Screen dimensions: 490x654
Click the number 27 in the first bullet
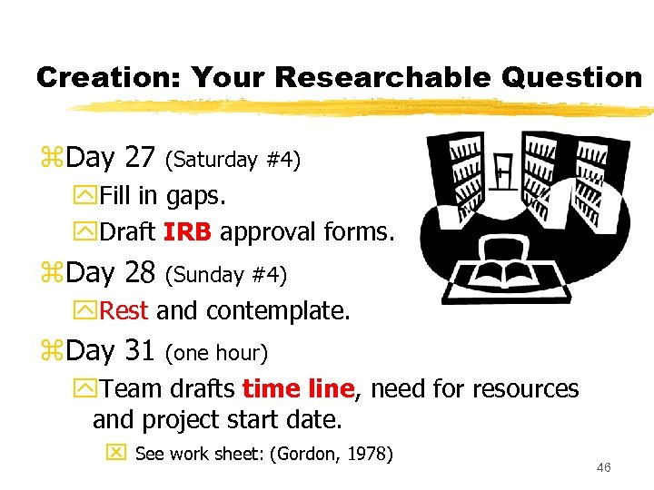pos(140,158)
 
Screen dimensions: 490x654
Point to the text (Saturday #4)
pos(233,161)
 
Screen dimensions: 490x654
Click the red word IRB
pos(188,232)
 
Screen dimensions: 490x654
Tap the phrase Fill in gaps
pos(163,195)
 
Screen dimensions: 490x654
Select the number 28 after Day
pos(140,272)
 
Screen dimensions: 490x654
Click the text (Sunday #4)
pos(228,275)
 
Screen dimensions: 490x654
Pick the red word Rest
pos(124,311)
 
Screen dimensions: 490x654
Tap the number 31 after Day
pos(140,349)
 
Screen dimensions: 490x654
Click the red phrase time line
pos(298,389)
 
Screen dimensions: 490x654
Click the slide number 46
pos(604,467)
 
